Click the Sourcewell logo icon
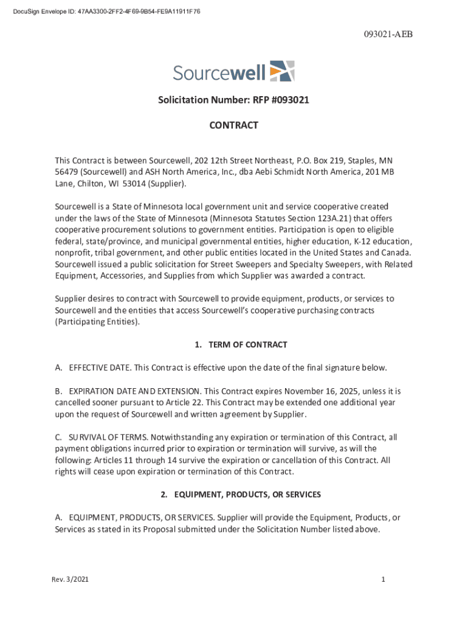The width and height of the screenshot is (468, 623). point(282,71)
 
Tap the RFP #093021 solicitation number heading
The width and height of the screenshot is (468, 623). point(234,100)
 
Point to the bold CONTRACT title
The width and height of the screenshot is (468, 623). point(234,125)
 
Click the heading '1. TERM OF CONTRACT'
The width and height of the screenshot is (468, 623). point(241,345)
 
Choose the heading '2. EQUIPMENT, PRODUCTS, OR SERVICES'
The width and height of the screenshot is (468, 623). point(241,495)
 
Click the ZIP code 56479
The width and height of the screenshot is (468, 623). point(67,172)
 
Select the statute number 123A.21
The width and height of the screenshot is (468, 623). point(331,218)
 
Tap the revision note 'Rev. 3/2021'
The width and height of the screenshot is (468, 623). point(70,580)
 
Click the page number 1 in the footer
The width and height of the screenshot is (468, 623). point(384,580)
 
